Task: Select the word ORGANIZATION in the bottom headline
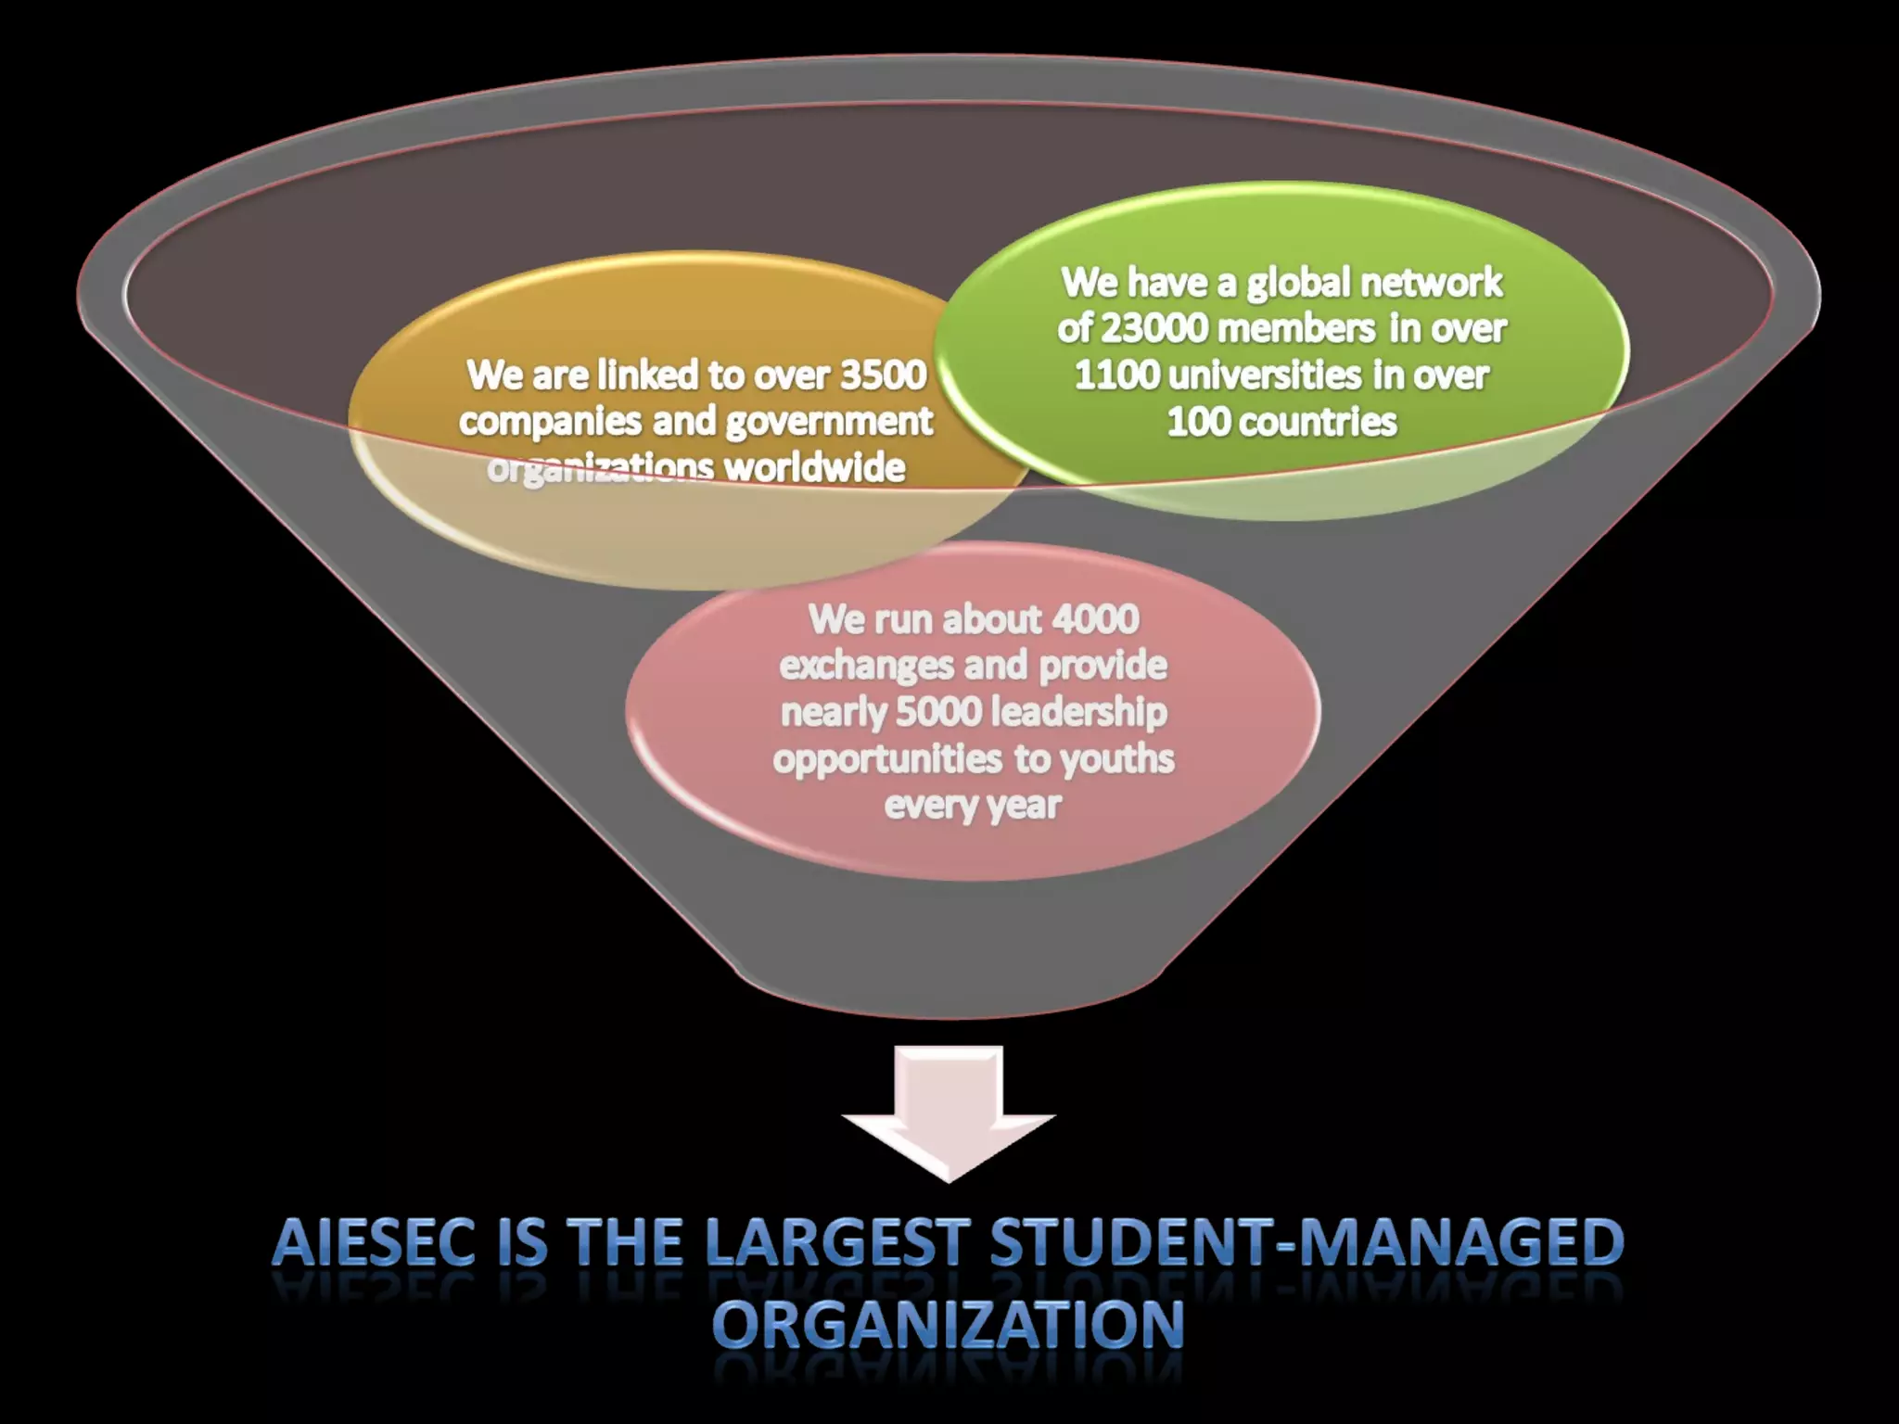(x=948, y=1324)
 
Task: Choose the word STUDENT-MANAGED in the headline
(x=1306, y=1242)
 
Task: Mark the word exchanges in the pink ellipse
(x=866, y=666)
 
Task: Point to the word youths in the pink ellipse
(x=1116, y=759)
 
